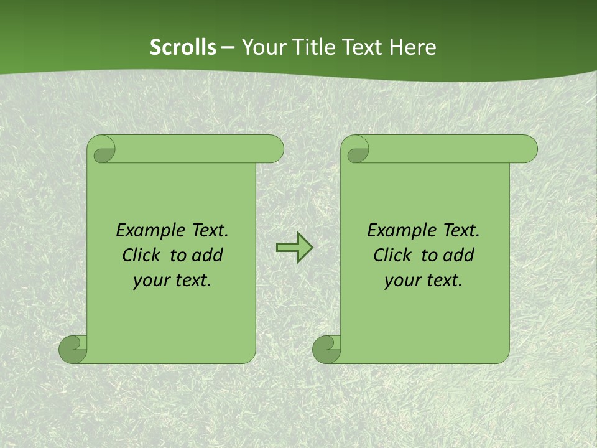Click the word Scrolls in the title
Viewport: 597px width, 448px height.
tap(183, 47)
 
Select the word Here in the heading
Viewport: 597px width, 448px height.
tap(412, 47)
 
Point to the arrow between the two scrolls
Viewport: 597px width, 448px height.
tap(294, 247)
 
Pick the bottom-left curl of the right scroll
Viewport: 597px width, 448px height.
tap(326, 349)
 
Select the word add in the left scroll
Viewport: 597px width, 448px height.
tap(207, 255)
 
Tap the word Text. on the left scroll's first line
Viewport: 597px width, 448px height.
tap(210, 231)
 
